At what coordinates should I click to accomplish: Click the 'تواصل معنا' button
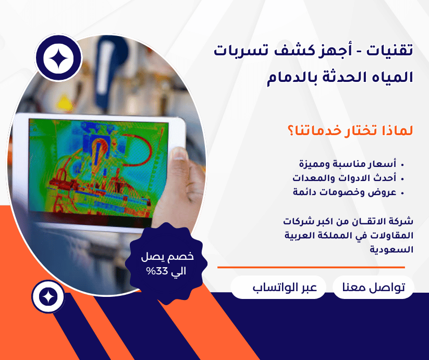point(373,288)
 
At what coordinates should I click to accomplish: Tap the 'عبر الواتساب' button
point(278,288)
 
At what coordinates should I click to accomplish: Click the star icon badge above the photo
point(59,58)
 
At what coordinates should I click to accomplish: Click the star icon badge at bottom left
point(48,297)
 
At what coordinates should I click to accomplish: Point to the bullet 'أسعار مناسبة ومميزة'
point(354,164)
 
